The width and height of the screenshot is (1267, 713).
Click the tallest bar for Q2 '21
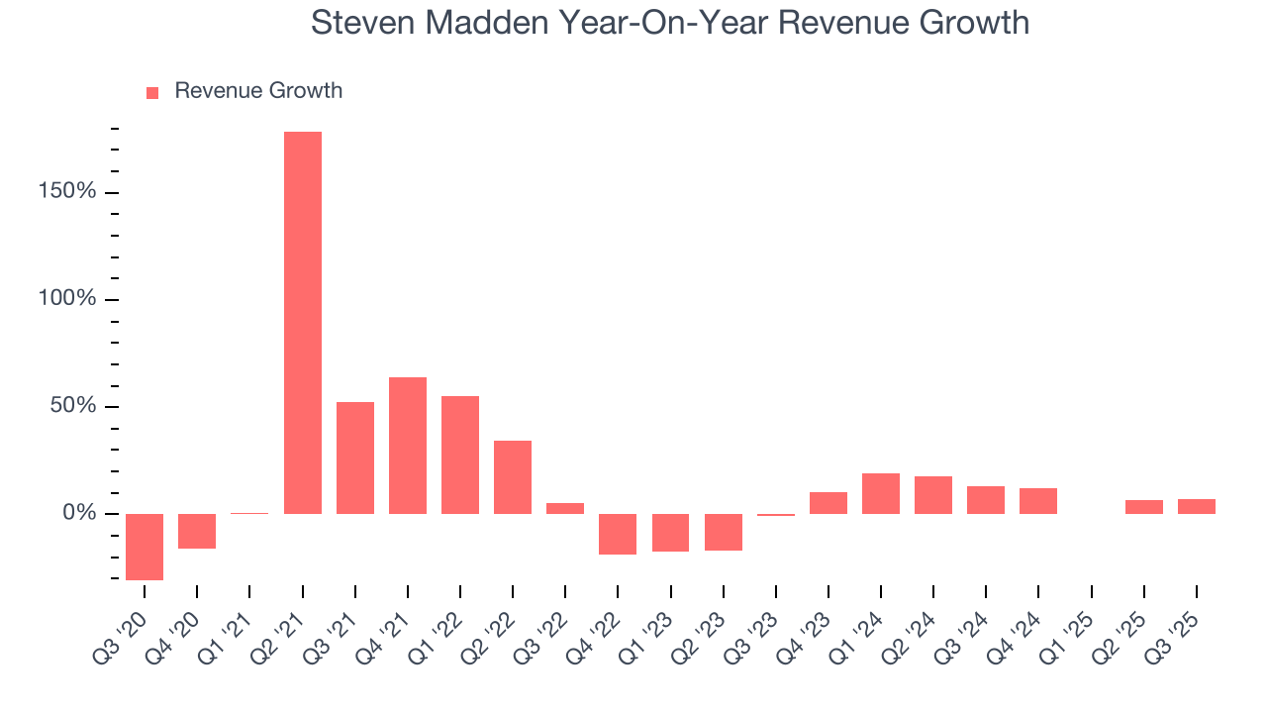[303, 322]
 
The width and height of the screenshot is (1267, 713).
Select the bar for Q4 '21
[408, 445]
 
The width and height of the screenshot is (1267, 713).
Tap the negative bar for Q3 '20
[145, 546]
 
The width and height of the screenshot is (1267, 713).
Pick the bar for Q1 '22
[460, 455]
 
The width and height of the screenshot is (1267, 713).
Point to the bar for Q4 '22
[618, 534]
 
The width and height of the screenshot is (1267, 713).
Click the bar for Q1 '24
[881, 493]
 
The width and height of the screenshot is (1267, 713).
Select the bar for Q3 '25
[1197, 506]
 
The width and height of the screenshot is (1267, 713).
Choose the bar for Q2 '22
[513, 476]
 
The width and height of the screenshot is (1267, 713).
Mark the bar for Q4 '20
[197, 531]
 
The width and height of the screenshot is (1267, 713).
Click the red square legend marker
[152, 93]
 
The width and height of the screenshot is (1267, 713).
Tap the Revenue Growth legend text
[258, 91]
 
